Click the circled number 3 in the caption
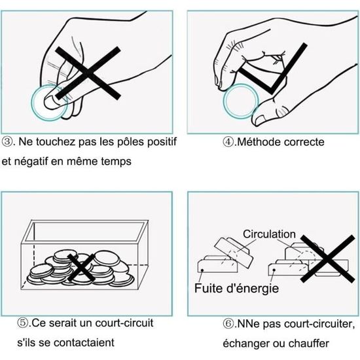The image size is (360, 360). point(7,141)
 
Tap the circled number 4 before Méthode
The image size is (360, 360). point(228,142)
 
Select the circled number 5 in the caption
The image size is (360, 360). point(23,323)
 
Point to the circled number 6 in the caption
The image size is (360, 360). point(228,324)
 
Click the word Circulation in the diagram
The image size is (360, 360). point(269,234)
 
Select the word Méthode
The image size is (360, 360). point(259,142)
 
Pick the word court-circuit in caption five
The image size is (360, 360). point(124,323)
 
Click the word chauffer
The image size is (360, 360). point(309,344)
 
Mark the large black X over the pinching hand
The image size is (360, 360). point(88,73)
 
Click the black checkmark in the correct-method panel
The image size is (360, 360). point(273,69)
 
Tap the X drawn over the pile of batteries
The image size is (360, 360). point(81,268)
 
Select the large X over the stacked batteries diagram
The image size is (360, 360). point(328,259)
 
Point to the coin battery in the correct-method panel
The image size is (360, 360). point(241,101)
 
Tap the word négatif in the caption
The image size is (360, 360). point(31,162)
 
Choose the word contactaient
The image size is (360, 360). point(84,343)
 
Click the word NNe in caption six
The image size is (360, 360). point(247,324)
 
